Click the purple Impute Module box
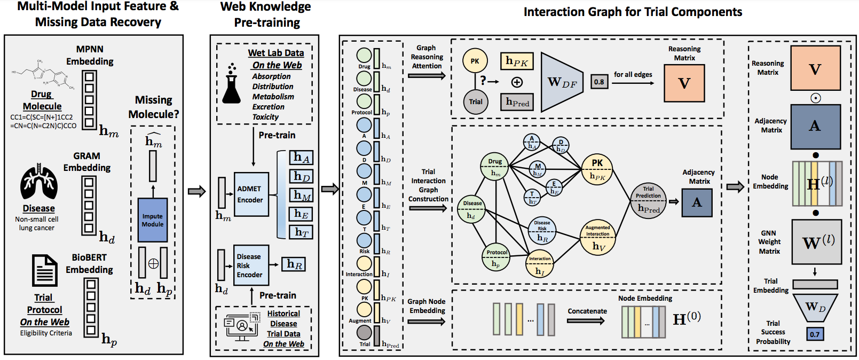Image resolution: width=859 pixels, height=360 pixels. click(x=153, y=220)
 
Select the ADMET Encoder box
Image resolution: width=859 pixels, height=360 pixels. click(x=251, y=194)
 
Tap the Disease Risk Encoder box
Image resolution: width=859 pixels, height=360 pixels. click(x=251, y=265)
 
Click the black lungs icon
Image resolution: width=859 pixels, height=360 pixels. click(x=38, y=183)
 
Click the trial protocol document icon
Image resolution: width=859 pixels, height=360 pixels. click(x=45, y=271)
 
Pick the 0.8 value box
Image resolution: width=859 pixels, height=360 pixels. click(x=599, y=82)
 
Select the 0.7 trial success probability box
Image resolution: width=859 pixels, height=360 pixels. click(x=815, y=334)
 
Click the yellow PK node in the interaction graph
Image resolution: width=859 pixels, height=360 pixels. click(x=597, y=169)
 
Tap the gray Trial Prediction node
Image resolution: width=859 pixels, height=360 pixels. click(x=648, y=201)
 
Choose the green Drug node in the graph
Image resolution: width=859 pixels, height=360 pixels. click(x=495, y=167)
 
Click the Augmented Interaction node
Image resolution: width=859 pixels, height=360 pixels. click(x=598, y=238)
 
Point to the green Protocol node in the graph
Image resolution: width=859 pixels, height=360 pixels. click(x=497, y=259)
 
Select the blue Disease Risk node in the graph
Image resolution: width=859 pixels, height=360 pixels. click(x=542, y=231)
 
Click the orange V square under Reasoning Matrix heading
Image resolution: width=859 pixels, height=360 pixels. click(x=684, y=83)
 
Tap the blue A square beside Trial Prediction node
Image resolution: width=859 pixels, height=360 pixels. click(x=697, y=202)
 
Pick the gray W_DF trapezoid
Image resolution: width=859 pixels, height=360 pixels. click(x=562, y=82)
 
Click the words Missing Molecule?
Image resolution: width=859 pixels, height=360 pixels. click(x=154, y=107)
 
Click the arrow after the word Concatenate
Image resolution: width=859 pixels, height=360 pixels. click(x=586, y=321)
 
